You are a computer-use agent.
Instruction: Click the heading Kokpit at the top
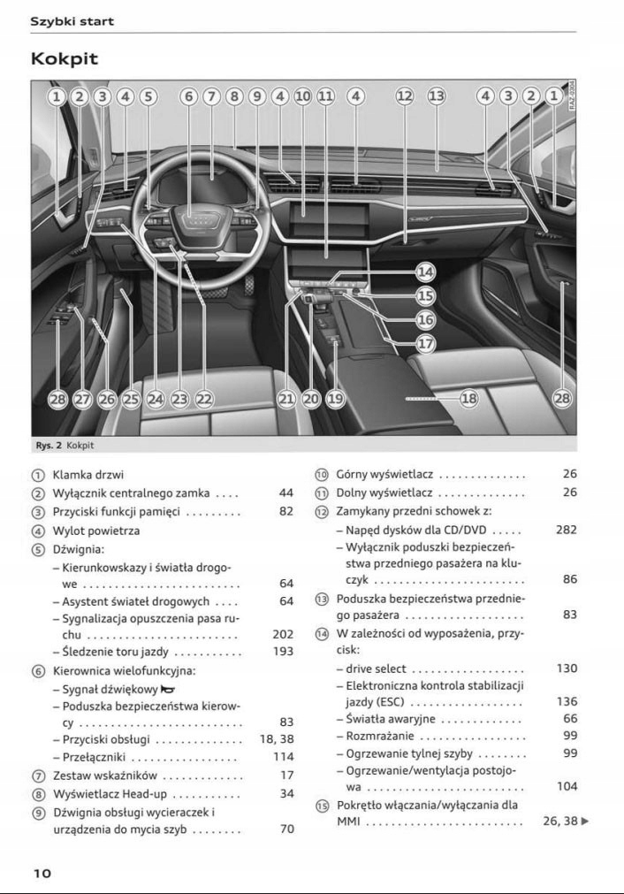point(64,59)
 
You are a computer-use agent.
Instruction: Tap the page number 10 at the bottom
point(42,873)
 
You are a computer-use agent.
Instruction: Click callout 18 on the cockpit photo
point(468,399)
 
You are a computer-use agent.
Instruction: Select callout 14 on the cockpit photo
point(425,272)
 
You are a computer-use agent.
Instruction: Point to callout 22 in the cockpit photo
point(204,400)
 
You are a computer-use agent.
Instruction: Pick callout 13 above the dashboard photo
point(437,96)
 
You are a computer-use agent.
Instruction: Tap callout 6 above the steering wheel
point(188,96)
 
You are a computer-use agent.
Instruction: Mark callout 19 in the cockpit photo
point(336,400)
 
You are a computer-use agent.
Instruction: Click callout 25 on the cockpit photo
point(131,400)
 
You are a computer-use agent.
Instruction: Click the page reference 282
point(567,530)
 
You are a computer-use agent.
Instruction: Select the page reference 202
point(283,634)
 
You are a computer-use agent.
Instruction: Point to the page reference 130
point(567,669)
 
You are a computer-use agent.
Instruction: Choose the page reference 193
point(283,651)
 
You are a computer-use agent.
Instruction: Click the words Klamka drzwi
point(88,475)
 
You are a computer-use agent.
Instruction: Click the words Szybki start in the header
point(72,21)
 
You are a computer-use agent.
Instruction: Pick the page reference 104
point(567,786)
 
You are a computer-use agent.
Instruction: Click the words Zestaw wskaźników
point(105,776)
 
